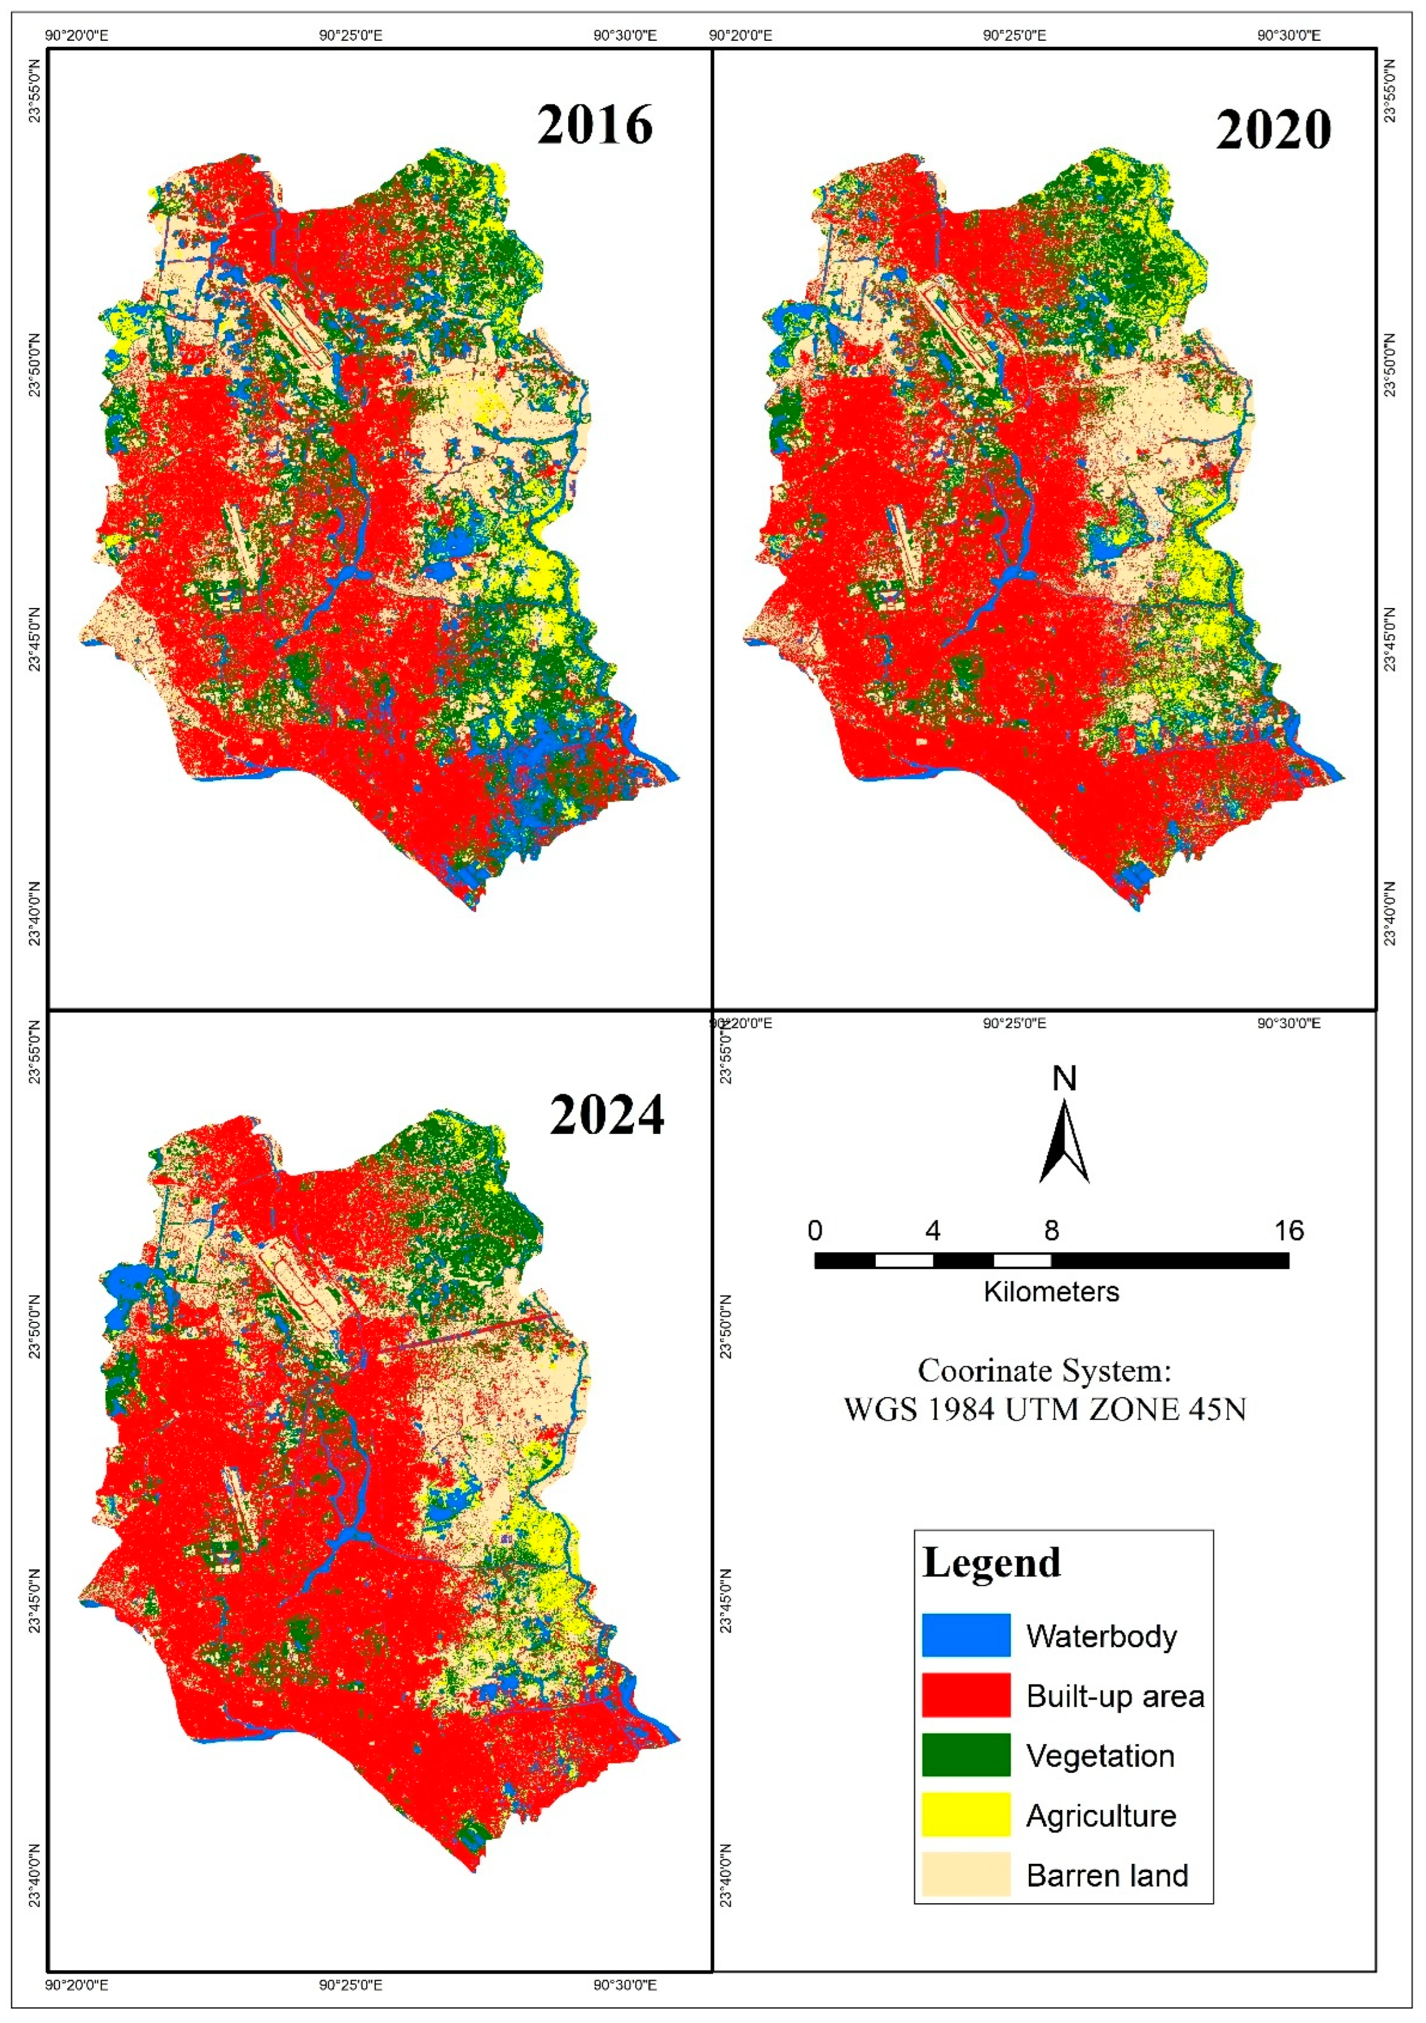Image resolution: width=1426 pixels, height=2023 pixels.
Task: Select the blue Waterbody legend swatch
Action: tap(965, 1635)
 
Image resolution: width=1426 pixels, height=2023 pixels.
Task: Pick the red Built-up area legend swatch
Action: tap(965, 1695)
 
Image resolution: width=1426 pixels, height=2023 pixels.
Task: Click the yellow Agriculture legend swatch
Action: tap(965, 1814)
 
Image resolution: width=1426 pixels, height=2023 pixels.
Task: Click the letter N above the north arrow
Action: tap(1065, 1079)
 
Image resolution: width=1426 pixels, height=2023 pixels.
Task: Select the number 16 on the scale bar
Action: tap(1289, 1231)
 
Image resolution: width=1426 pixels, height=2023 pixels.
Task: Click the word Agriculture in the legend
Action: tap(1101, 1815)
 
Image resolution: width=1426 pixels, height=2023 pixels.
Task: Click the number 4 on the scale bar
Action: tap(933, 1231)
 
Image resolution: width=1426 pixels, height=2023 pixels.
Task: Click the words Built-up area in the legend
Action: tap(1115, 1696)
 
